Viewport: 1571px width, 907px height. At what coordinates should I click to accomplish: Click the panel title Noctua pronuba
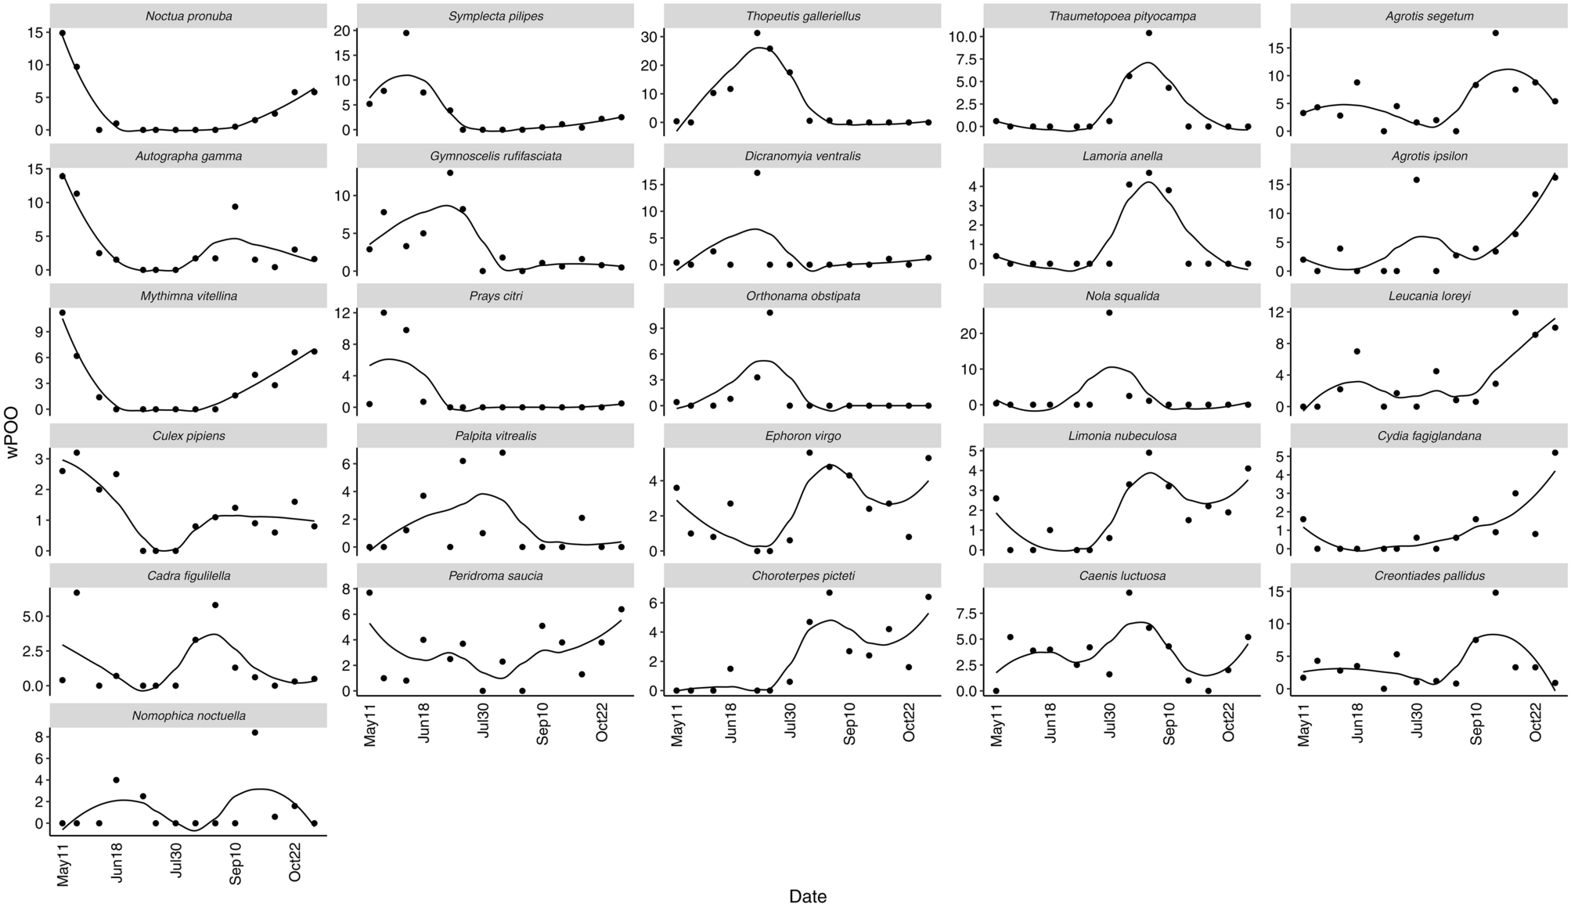tap(189, 16)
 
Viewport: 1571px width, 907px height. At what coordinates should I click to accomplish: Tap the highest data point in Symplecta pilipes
tap(405, 33)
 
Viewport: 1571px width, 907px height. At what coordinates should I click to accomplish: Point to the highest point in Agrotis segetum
tap(1495, 33)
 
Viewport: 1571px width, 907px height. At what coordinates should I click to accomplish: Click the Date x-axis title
tap(807, 897)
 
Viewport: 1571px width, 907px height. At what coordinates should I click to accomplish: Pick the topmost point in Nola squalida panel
tap(1109, 312)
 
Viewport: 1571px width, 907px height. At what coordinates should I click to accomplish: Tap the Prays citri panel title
tap(496, 296)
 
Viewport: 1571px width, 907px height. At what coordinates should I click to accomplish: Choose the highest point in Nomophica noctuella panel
tap(255, 732)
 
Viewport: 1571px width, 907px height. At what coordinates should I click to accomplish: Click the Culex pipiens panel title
tap(189, 436)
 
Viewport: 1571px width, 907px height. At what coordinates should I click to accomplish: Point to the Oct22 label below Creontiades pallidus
tap(1535, 723)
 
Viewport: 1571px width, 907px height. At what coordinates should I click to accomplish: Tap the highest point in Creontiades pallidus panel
tap(1495, 592)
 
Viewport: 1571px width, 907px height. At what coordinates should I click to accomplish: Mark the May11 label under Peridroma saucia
tap(370, 723)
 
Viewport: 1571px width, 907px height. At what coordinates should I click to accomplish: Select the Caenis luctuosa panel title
tap(1122, 576)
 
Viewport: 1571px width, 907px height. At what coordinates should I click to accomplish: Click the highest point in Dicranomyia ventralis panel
tap(757, 173)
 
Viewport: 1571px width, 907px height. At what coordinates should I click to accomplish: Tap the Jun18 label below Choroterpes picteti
tap(730, 723)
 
